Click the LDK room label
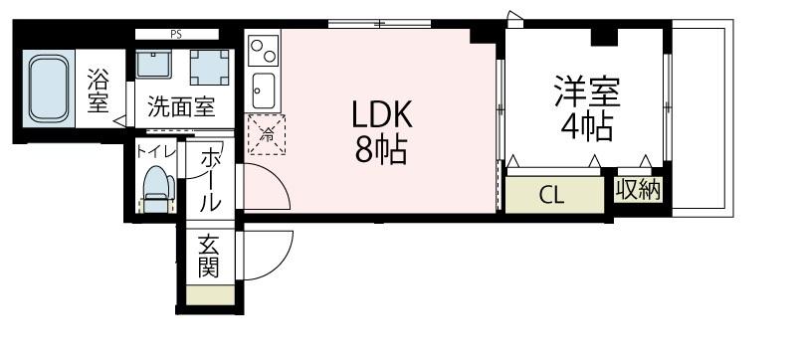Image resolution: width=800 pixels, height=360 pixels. (x=378, y=115)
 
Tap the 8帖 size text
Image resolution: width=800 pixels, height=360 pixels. (x=379, y=150)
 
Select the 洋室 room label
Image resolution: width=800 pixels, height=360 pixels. (x=588, y=92)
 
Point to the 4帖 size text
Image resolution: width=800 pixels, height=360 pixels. (x=586, y=127)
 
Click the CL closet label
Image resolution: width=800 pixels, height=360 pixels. (x=552, y=194)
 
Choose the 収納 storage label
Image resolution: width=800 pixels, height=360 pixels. (x=637, y=190)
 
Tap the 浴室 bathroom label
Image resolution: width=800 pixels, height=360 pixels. (x=98, y=90)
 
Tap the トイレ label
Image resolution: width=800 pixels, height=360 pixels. (x=157, y=151)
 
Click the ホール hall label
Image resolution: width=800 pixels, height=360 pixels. (x=210, y=179)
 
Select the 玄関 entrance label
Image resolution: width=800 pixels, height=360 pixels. (x=208, y=255)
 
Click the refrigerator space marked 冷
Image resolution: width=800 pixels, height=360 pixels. (x=266, y=133)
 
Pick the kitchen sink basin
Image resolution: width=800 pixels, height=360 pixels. (x=265, y=91)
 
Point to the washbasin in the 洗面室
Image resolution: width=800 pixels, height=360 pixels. (x=154, y=65)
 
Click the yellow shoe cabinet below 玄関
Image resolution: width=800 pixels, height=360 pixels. (x=208, y=295)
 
